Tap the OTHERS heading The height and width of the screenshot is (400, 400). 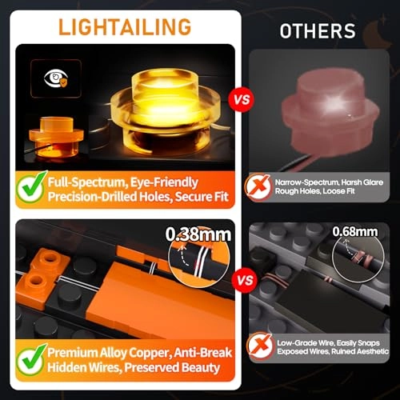point(318,31)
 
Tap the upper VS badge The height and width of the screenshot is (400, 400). point(238,102)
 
